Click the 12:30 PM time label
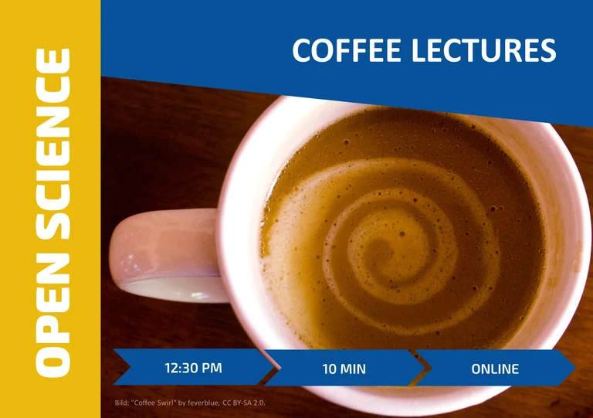pos(193,368)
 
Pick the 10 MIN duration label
pos(344,369)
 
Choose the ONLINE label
pos(495,369)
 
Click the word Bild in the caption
pos(120,403)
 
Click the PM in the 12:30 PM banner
pos(212,368)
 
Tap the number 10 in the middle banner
pos(329,369)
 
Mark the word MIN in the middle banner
pos(353,369)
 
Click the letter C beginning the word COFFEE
pos(302,51)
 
